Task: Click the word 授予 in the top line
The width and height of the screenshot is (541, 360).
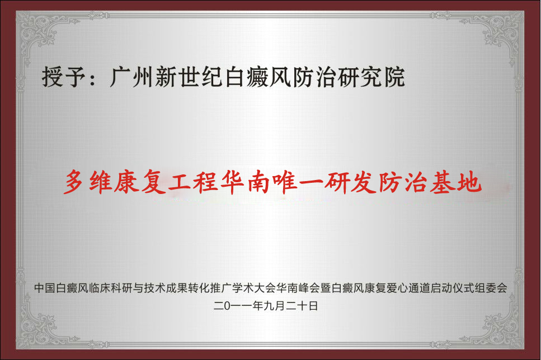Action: [63, 77]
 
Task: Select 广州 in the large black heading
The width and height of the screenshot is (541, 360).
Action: [131, 77]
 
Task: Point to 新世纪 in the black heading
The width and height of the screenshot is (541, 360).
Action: [188, 77]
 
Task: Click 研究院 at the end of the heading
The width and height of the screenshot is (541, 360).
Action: [371, 77]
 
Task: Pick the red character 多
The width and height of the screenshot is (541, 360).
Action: [74, 182]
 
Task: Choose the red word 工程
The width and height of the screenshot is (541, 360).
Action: [192, 182]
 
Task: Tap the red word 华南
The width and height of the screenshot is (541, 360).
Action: [245, 182]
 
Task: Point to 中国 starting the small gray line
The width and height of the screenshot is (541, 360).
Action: [45, 288]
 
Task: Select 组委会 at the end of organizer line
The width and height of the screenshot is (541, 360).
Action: [491, 288]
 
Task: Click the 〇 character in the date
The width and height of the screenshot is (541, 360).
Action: [230, 306]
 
